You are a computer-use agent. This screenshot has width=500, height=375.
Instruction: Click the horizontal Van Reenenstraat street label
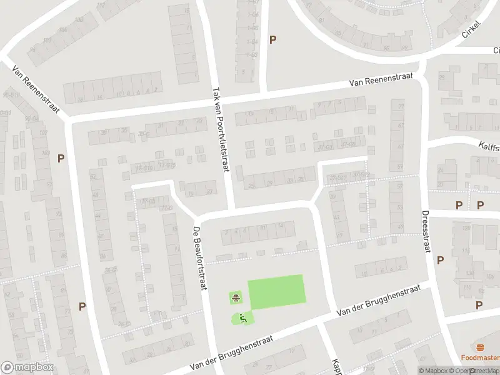[x=381, y=82]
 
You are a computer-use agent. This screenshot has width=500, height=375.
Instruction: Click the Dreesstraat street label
[x=428, y=231]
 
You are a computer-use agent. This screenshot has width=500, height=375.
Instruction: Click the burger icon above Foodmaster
[x=480, y=347]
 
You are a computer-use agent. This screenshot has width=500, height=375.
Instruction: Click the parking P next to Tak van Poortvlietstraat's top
[x=272, y=39]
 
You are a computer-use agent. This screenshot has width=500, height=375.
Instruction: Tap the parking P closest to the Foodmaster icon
[x=479, y=305]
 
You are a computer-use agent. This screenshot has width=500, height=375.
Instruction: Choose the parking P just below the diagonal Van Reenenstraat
[x=61, y=158]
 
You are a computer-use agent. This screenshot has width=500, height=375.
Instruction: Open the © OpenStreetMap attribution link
[x=474, y=371]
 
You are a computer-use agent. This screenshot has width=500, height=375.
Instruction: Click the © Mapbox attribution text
[x=434, y=371]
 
